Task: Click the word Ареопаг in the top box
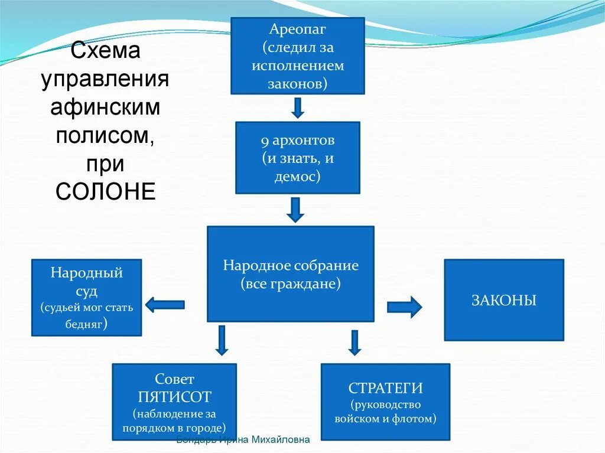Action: tap(298, 29)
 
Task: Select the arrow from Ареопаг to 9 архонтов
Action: tap(298, 107)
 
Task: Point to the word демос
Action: tap(296, 176)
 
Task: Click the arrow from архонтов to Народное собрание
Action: tap(295, 209)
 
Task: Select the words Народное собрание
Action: tap(291, 265)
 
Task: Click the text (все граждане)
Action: tap(291, 284)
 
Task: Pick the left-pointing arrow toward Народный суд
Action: tap(165, 305)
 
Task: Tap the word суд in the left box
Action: tap(86, 291)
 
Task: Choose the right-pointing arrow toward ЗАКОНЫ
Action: tap(405, 307)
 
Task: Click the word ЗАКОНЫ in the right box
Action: tap(504, 301)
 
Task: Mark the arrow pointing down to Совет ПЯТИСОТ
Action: tap(222, 340)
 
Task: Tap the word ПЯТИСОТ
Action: tap(174, 396)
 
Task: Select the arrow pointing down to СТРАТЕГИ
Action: tap(354, 343)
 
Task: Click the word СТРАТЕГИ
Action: tap(385, 388)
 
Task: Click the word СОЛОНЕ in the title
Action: tap(106, 191)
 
